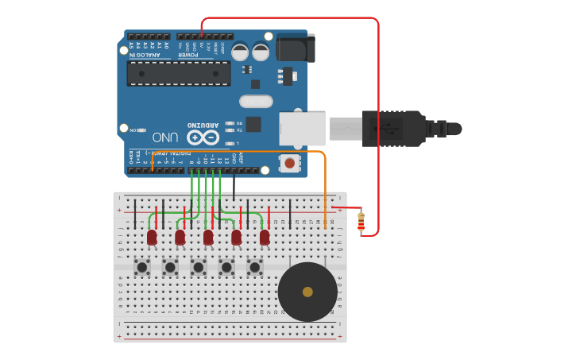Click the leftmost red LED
click(x=152, y=237)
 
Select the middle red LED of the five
click(x=208, y=237)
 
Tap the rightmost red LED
click(x=265, y=237)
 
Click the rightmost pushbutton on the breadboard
click(x=254, y=267)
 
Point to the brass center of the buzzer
click(x=307, y=292)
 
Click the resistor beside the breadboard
click(x=361, y=222)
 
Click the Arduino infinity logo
click(x=203, y=137)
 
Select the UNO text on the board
click(x=165, y=137)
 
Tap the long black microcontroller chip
click(x=179, y=74)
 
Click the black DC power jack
click(x=295, y=48)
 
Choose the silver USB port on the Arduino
click(x=302, y=129)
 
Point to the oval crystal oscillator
click(x=256, y=101)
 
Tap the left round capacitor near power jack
click(x=240, y=52)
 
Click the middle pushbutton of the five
click(x=198, y=267)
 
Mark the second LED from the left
click(x=180, y=237)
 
